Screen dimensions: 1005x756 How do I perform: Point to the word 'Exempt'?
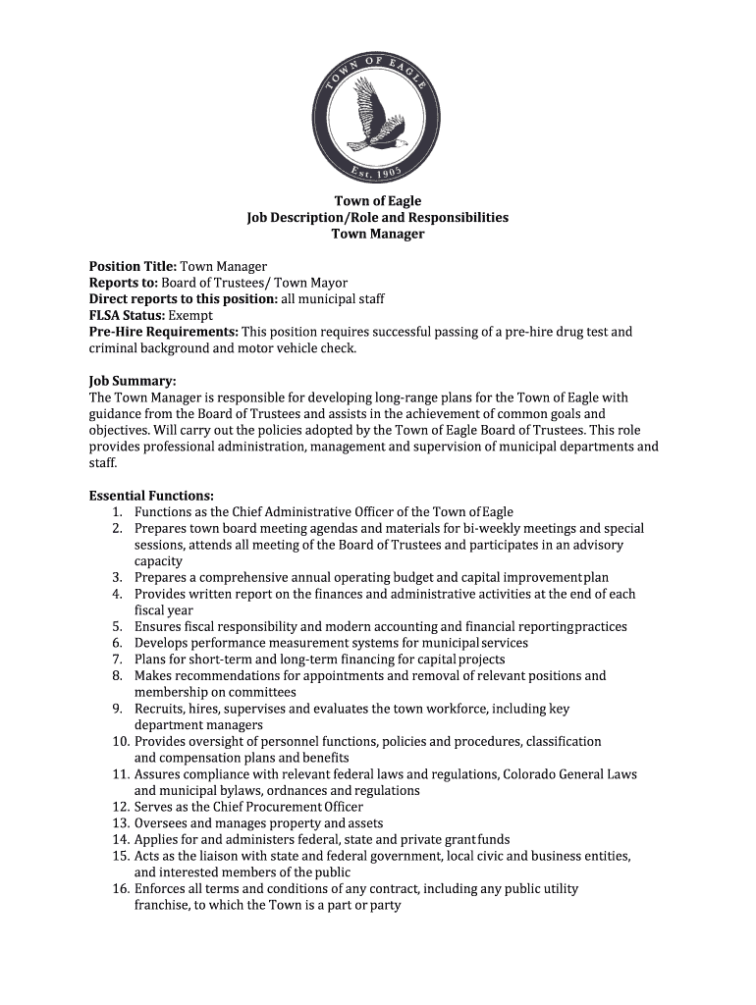coord(189,315)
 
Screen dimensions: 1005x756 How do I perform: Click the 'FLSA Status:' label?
coord(127,315)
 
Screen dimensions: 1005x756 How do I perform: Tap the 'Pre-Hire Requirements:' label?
coord(163,332)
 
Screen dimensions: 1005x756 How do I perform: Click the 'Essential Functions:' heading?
coord(151,496)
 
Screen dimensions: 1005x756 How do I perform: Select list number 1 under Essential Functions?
coord(116,512)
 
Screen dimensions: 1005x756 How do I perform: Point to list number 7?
coord(116,660)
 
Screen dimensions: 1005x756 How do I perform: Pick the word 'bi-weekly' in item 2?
coord(503,528)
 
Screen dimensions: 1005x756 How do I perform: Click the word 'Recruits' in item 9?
coord(158,709)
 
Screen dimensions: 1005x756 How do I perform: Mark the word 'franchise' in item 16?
coord(162,906)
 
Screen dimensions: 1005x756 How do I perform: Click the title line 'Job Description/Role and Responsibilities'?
coord(377,217)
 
